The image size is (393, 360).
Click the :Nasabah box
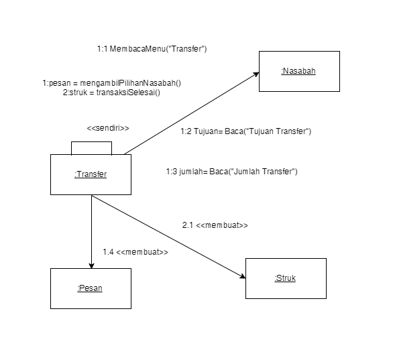pyautogui.click(x=299, y=70)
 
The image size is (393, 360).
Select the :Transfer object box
pyautogui.click(x=91, y=175)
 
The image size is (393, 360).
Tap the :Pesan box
pyautogui.click(x=91, y=288)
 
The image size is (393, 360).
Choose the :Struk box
pyautogui.click(x=286, y=278)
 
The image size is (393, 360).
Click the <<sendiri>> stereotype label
pyautogui.click(x=108, y=128)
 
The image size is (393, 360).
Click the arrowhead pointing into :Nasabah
pyautogui.click(x=256, y=74)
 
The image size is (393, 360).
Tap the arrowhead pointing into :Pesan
pyautogui.click(x=91, y=264)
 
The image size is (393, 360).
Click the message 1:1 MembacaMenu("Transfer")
pyautogui.click(x=152, y=49)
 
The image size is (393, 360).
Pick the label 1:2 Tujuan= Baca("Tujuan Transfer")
pyautogui.click(x=245, y=131)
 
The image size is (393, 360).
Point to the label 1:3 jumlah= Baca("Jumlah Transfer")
pyautogui.click(x=231, y=172)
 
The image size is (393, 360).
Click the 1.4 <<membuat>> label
pyautogui.click(x=135, y=252)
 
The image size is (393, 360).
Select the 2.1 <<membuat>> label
pyautogui.click(x=215, y=225)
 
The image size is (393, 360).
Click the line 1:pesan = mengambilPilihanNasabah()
pyautogui.click(x=112, y=83)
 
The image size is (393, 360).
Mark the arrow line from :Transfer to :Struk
pyautogui.click(x=168, y=235)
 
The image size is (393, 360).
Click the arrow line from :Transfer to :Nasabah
pyautogui.click(x=191, y=113)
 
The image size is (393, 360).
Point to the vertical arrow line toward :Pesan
pyautogui.click(x=91, y=228)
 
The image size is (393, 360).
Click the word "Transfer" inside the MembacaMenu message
pyautogui.click(x=190, y=49)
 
